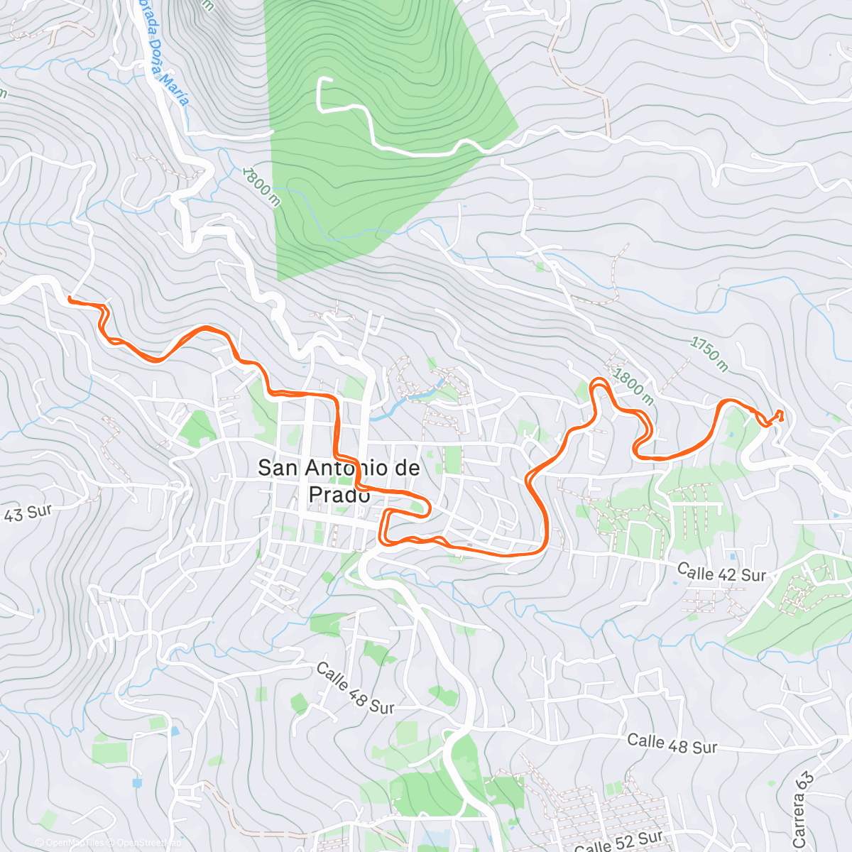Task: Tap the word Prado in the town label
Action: click(339, 495)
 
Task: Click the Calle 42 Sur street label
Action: click(721, 572)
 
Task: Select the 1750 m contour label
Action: click(709, 354)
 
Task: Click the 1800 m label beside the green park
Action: click(261, 187)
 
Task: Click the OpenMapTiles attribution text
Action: click(75, 843)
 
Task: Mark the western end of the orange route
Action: click(70, 299)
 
